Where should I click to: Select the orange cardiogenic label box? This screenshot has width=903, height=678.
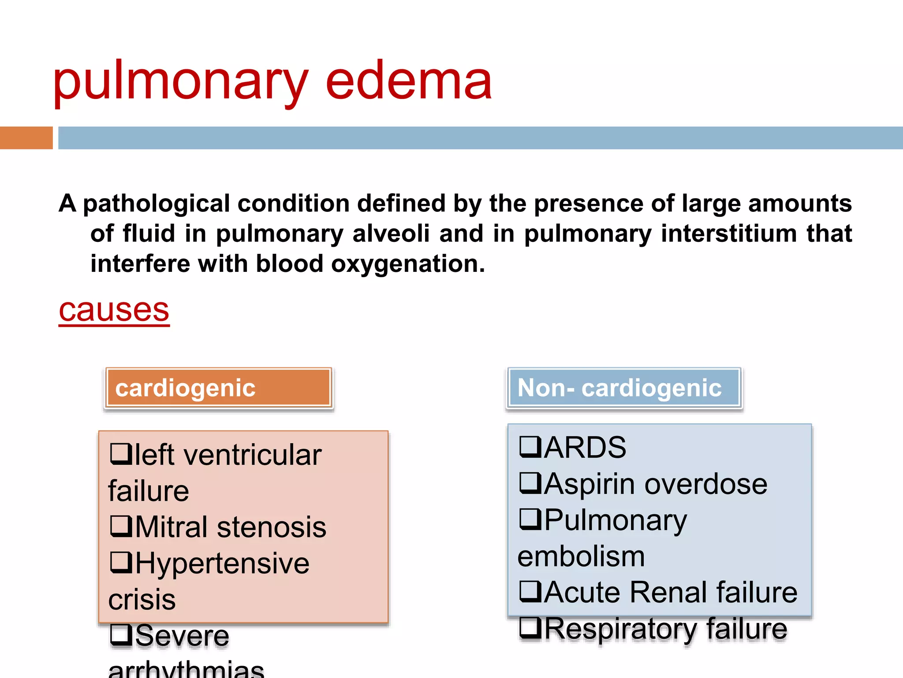pyautogui.click(x=219, y=388)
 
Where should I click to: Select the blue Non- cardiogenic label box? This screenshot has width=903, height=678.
pyautogui.click(x=624, y=388)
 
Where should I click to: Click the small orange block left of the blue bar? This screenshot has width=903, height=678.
pyautogui.click(x=26, y=138)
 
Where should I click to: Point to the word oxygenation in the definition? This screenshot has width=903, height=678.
pyautogui.click(x=408, y=264)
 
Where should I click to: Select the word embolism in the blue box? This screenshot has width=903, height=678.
pyautogui.click(x=581, y=557)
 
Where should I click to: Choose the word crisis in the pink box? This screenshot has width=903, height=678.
pyautogui.click(x=142, y=599)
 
